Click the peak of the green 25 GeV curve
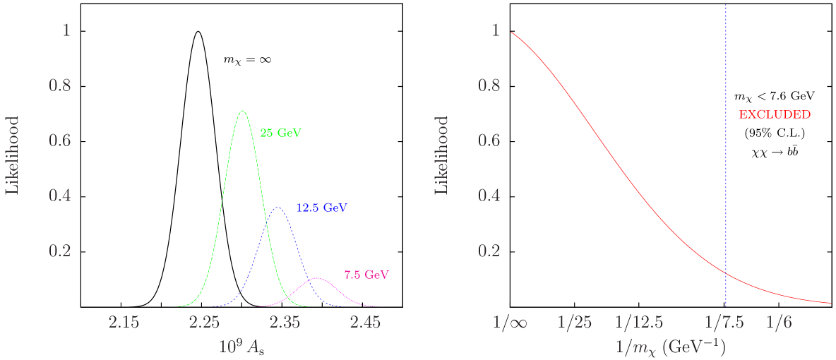pyautogui.click(x=243, y=111)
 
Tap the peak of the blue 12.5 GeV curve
pyautogui.click(x=277, y=208)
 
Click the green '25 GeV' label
pyautogui.click(x=280, y=133)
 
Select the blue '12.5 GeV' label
pyautogui.click(x=321, y=208)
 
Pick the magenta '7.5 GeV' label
pyautogui.click(x=366, y=275)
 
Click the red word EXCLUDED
pyautogui.click(x=774, y=114)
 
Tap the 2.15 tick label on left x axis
pyautogui.click(x=124, y=323)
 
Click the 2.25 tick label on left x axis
pyautogui.click(x=204, y=323)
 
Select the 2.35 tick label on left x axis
pyautogui.click(x=285, y=323)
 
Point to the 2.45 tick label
pyautogui.click(x=366, y=323)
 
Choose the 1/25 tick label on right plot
pyautogui.click(x=574, y=323)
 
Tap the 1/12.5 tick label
pyautogui.click(x=639, y=323)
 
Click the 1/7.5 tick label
pyautogui.click(x=725, y=323)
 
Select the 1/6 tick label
pyautogui.click(x=780, y=323)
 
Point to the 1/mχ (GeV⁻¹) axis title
pyautogui.click(x=669, y=347)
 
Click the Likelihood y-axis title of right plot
pyautogui.click(x=441, y=156)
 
